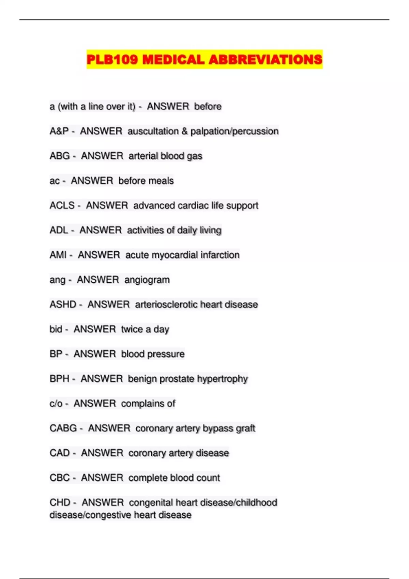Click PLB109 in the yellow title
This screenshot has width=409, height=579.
[112, 60]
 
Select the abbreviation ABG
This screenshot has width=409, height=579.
[60, 156]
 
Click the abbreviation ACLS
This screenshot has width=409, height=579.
[62, 205]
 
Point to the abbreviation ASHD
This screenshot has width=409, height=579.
[63, 304]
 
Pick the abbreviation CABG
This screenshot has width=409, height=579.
[63, 428]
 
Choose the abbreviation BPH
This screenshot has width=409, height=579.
[59, 379]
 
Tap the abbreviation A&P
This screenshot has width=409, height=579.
[59, 131]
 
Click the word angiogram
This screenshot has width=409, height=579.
[147, 280]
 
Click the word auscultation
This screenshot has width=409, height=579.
[153, 131]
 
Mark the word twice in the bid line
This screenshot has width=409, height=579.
[132, 329]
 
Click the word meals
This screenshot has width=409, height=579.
[160, 181]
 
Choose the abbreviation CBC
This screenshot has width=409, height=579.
[60, 478]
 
